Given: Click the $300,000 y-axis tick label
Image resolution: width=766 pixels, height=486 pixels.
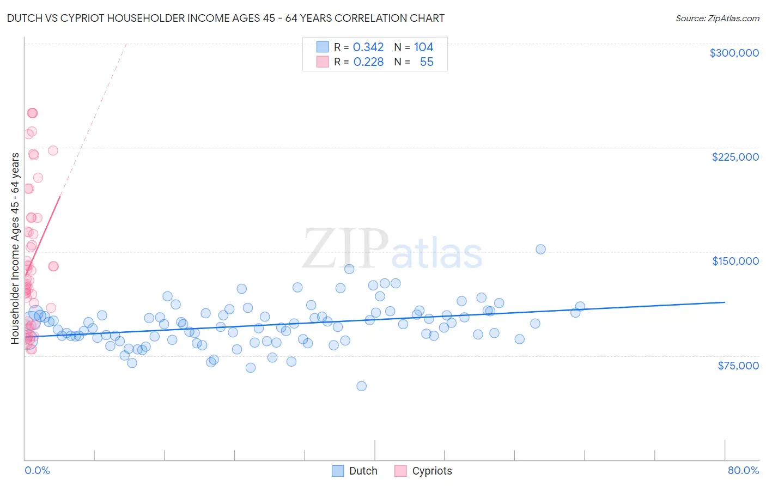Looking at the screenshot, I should point(734,53).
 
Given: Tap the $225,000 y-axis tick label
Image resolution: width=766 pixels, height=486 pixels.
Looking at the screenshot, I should point(735,157).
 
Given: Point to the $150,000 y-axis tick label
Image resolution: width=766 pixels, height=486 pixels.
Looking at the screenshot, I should point(735,261).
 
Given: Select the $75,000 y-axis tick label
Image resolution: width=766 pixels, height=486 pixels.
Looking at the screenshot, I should point(738,366).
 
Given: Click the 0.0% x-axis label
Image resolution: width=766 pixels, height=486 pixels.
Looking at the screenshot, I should point(37,470).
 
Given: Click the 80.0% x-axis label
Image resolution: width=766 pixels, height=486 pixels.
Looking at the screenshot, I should point(743,470).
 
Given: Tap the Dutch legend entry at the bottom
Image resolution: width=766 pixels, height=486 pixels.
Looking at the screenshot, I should point(355,471).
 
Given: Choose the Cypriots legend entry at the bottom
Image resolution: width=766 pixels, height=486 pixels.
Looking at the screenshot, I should point(423,471).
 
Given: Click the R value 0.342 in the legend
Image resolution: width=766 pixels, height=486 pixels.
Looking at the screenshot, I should point(368,47).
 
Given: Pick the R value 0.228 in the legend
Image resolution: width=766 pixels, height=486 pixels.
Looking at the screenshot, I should point(368,62).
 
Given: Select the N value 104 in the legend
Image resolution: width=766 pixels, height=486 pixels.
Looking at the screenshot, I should point(423,47).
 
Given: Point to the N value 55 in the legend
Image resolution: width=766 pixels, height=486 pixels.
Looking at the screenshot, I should point(427,62).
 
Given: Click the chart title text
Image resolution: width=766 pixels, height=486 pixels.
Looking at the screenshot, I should point(226,18).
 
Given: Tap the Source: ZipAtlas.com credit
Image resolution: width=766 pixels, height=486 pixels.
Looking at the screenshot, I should point(717,19).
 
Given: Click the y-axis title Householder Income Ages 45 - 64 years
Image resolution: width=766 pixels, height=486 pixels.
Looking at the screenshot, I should point(15,248).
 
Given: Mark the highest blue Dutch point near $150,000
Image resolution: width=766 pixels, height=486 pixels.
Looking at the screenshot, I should point(540,249).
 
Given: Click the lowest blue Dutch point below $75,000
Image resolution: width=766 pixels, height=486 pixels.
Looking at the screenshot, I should point(361,386).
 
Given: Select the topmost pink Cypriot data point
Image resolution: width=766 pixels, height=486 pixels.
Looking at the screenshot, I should point(32,113).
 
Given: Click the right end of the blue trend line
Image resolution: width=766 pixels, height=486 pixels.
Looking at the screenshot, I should point(725,302).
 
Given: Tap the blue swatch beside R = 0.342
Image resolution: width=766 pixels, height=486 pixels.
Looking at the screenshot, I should point(323,47).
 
